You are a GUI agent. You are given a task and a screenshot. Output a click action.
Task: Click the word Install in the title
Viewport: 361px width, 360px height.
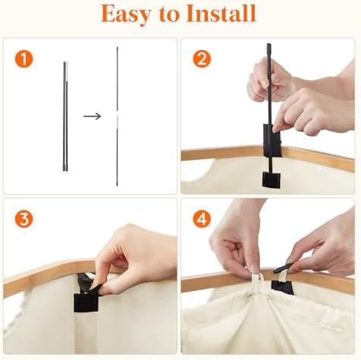point(221,13)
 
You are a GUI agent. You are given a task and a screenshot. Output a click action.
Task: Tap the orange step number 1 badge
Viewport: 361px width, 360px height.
point(24,59)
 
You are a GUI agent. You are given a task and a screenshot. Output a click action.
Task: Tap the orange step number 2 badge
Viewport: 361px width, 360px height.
point(202,59)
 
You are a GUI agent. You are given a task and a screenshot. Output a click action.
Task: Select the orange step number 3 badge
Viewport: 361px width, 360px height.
point(24,219)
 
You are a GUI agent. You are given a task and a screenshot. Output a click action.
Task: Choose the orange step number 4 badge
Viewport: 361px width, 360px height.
point(202,219)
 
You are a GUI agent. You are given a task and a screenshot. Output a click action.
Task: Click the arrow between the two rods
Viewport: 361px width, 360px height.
point(92,116)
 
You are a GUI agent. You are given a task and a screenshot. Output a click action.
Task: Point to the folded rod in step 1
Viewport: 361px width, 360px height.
point(65,117)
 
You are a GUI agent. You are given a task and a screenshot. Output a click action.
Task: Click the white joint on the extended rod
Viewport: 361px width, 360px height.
point(117,117)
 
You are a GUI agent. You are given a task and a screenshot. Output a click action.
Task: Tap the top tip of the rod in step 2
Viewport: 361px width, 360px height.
point(268,45)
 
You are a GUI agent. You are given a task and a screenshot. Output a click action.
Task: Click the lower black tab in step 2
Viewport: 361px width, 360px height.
point(272,180)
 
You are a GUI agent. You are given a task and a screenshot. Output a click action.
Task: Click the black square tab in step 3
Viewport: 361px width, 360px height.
point(86,302)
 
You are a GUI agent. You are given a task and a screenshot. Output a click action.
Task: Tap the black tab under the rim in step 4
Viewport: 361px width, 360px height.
point(282,288)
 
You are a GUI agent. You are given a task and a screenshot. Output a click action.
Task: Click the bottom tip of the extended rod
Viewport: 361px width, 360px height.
point(117,186)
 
